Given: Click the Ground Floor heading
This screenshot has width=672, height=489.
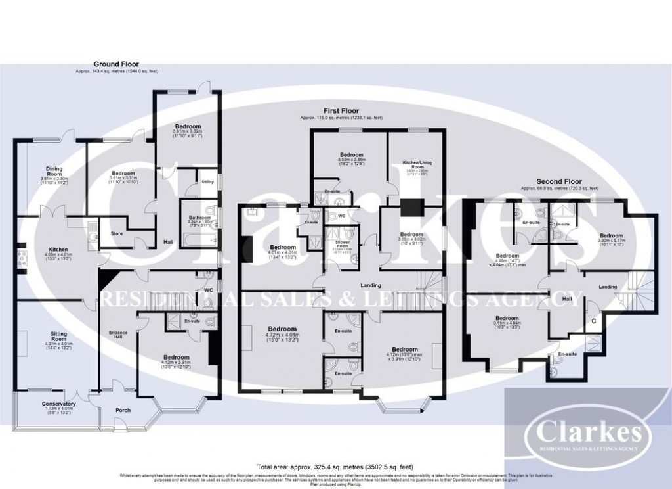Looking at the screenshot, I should pyautogui.click(x=116, y=65).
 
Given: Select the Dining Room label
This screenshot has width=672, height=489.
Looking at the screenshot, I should pyautogui.click(x=49, y=173).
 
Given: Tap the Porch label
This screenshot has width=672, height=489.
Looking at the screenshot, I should pyautogui.click(x=123, y=410).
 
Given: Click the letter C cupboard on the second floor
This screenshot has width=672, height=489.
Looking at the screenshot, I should pyautogui.click(x=593, y=321).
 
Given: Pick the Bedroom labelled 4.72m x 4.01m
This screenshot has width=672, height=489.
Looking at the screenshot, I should pyautogui.click(x=281, y=329).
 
